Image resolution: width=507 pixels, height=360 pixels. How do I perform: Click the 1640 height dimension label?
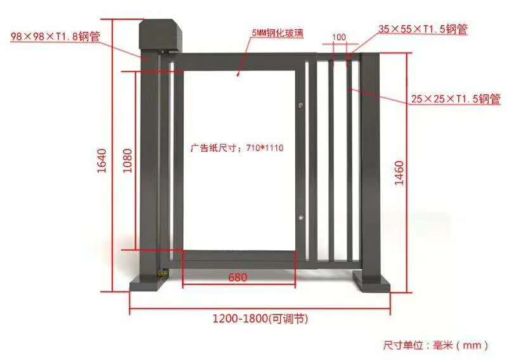[102, 161]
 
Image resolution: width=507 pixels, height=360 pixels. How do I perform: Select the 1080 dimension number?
[128, 161]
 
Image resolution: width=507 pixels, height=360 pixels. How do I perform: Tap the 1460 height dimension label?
[399, 173]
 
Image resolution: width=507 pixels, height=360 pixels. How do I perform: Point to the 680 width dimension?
[238, 278]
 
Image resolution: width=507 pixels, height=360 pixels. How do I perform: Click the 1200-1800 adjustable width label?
[260, 319]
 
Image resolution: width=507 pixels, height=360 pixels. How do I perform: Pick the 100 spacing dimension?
[339, 37]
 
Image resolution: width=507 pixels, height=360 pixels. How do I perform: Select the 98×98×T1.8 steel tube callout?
[55, 36]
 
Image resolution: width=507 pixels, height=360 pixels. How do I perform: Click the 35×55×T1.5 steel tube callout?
[423, 29]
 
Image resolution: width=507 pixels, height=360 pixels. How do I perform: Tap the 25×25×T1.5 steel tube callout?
[456, 99]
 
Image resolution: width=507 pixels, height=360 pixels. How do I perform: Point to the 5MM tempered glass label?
[278, 33]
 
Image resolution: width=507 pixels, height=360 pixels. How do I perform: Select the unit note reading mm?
[436, 345]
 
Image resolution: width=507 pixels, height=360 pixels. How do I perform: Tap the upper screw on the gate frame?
[302, 105]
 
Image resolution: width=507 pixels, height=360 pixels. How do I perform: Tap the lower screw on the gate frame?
[302, 217]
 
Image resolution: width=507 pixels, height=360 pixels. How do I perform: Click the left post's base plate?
[148, 284]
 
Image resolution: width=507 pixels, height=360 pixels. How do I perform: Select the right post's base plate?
[372, 282]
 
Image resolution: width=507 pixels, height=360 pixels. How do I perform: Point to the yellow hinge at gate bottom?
[162, 274]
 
